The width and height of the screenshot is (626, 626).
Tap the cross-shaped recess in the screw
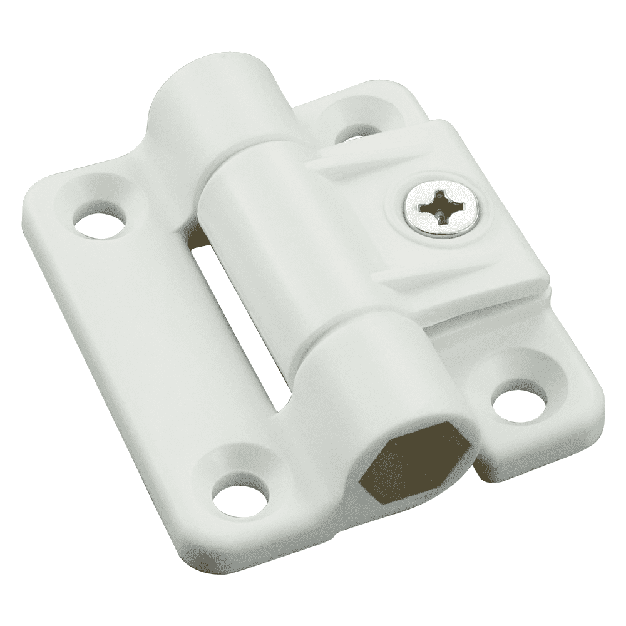click(x=438, y=208)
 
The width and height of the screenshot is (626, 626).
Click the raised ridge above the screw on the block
click(x=376, y=156)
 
